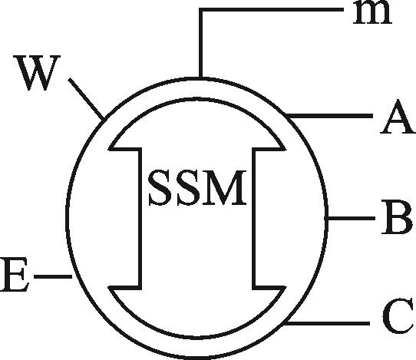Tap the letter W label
tap(38, 73)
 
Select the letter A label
tap(397, 117)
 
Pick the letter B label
tap(397, 217)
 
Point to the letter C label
tap(398, 315)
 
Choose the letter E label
tap(14, 275)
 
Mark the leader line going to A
tap(329, 116)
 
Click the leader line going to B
tap(351, 218)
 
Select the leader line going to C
tap(327, 323)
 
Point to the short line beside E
tap(53, 276)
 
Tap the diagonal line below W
tap(86, 99)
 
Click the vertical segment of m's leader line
tap(201, 43)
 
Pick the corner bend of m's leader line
tap(201, 10)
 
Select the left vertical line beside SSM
tap(140, 218)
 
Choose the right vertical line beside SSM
tap(254, 218)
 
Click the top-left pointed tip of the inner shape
tap(108, 149)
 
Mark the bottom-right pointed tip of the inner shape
tap(286, 288)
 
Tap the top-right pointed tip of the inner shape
tap(286, 149)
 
